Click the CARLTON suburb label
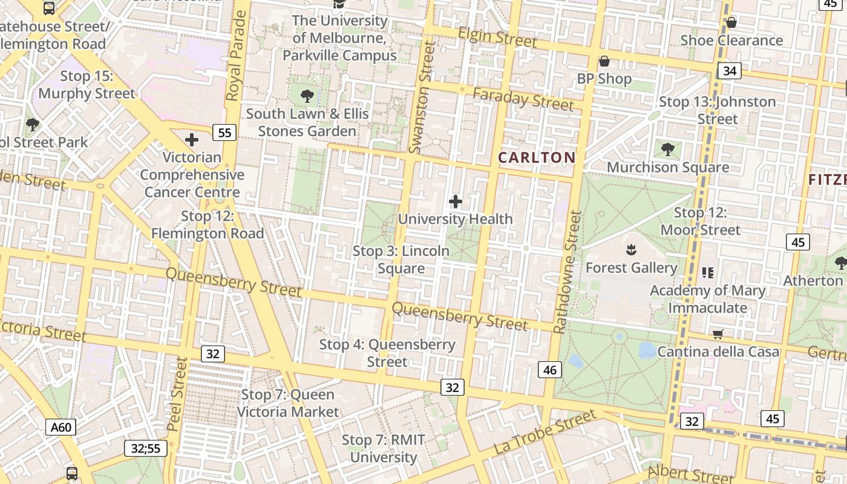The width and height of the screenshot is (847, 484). (537, 158)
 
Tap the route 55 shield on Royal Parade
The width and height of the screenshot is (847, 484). (224, 132)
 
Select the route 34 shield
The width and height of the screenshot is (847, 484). (730, 71)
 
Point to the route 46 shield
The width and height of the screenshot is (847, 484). (549, 370)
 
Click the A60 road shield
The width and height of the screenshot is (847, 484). (61, 428)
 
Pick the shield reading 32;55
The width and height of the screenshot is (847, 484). (146, 448)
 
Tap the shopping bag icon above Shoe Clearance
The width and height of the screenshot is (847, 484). (731, 22)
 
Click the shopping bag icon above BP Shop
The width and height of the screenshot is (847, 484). (604, 61)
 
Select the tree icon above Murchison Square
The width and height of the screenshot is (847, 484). (668, 149)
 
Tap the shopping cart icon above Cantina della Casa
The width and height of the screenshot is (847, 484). (718, 334)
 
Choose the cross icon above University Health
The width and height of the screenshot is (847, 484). (456, 201)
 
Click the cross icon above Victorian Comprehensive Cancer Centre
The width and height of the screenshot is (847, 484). (192, 140)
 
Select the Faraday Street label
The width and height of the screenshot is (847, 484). (523, 99)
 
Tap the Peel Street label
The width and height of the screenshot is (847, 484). (177, 394)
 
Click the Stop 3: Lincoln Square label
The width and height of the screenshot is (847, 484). (401, 260)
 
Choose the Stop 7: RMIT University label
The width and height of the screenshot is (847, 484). (384, 448)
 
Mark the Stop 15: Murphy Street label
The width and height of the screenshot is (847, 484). (87, 85)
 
